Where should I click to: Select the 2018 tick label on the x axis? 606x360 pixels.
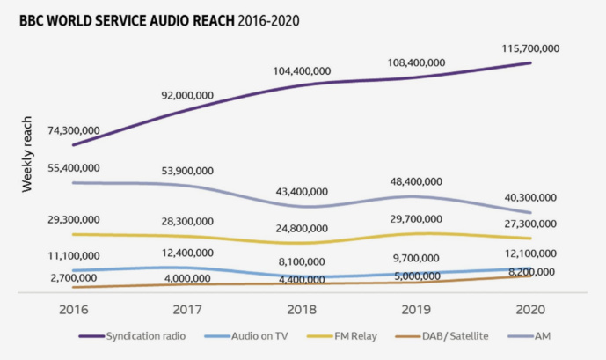[302, 310]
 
